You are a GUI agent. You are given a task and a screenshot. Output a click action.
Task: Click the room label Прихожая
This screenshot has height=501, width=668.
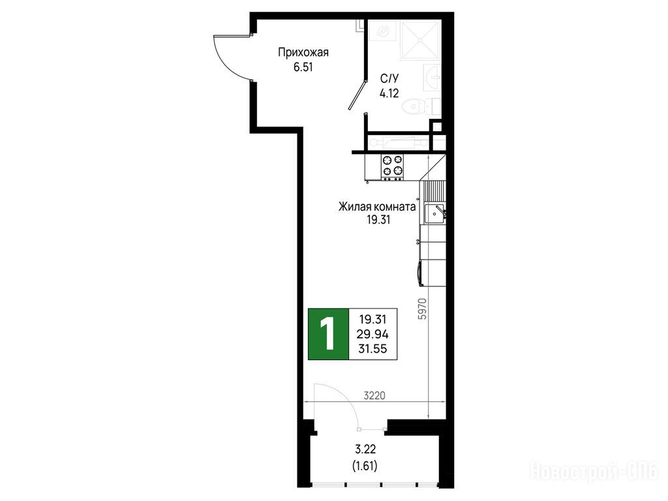[x=303, y=53]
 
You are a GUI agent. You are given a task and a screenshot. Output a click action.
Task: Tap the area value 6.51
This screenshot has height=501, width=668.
[x=303, y=67]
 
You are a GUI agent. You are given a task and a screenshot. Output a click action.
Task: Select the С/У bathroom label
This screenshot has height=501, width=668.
[x=389, y=78]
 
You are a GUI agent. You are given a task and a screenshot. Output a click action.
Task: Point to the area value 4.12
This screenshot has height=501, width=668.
[x=389, y=93]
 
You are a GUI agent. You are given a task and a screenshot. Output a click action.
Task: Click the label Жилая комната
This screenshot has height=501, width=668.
[x=378, y=207]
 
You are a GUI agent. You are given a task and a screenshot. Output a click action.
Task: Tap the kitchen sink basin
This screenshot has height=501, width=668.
[x=434, y=214]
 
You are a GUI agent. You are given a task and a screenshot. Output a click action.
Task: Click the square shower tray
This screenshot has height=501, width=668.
[x=420, y=40]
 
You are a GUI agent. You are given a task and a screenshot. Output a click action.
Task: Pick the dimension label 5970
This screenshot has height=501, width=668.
[x=422, y=309]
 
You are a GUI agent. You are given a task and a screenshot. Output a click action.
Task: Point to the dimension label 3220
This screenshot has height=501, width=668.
[x=374, y=396]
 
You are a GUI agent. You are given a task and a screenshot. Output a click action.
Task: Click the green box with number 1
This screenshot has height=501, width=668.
[x=329, y=334]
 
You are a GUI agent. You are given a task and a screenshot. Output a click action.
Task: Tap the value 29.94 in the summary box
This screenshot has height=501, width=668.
[x=373, y=334]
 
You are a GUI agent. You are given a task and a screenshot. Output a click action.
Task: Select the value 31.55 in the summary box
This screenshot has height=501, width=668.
[x=372, y=349]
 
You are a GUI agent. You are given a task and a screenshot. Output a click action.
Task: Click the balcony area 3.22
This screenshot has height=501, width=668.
[x=365, y=449]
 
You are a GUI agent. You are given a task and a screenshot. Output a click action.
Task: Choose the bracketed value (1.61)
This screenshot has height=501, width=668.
[x=365, y=466]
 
